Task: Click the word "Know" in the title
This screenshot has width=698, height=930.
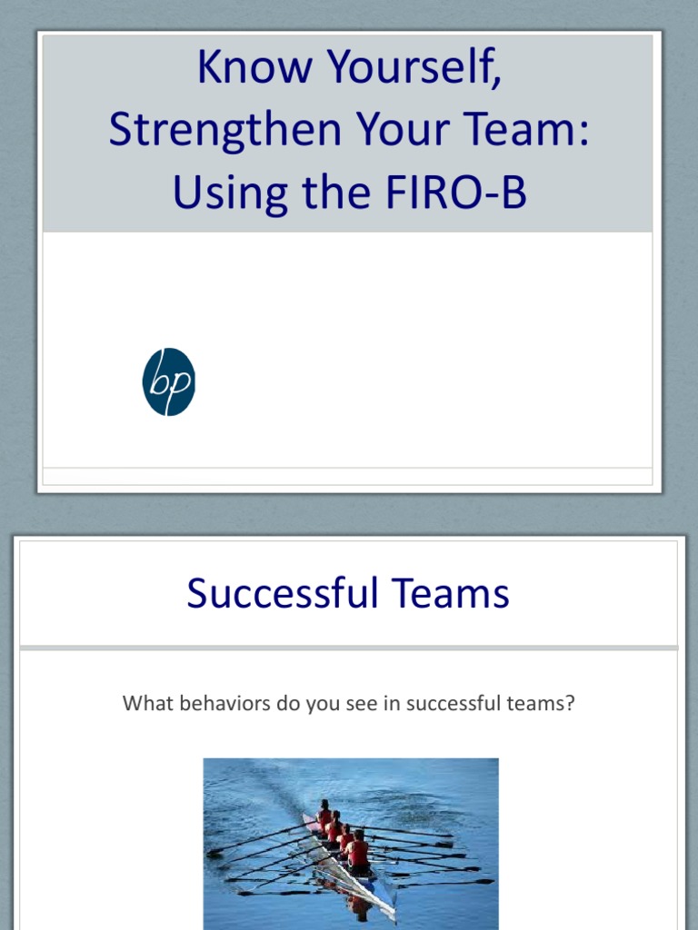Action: [x=254, y=65]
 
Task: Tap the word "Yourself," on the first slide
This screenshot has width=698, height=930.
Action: [x=414, y=67]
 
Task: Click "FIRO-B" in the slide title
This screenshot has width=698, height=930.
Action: [x=456, y=192]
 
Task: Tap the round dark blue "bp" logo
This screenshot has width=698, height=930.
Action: [x=169, y=381]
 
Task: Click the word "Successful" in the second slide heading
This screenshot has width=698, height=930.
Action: [x=283, y=592]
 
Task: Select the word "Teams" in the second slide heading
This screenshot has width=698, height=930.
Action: [x=451, y=592]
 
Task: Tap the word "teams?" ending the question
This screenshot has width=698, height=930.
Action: [x=541, y=703]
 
